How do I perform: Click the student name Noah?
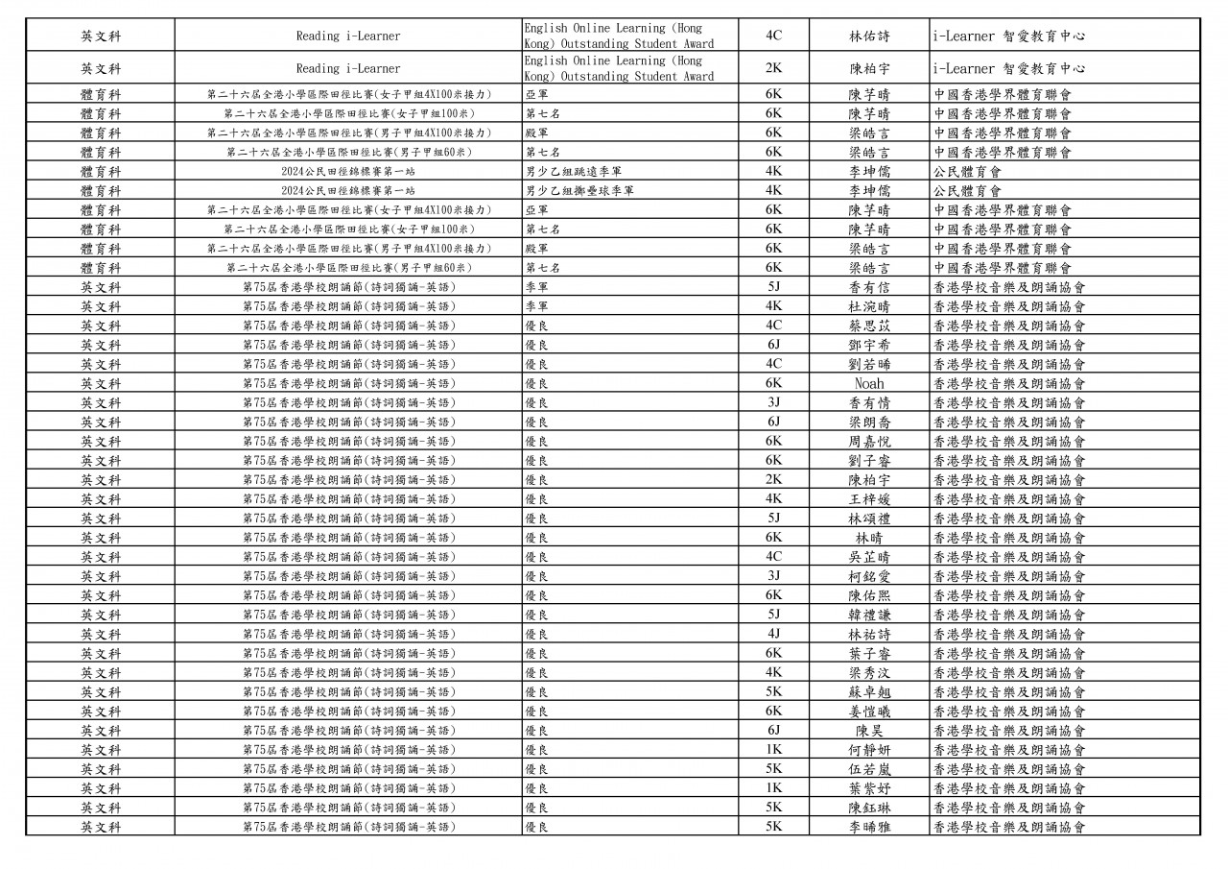pos(868,383)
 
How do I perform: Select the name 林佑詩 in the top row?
pos(869,36)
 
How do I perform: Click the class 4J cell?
pos(773,634)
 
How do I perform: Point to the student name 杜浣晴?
pos(869,306)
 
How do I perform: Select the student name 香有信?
pos(869,287)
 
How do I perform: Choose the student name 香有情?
pos(869,402)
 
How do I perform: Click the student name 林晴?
pos(869,538)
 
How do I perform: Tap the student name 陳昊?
pos(869,730)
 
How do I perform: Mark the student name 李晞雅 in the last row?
pos(869,827)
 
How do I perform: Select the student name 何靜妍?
pos(869,749)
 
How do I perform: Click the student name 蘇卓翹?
pos(869,691)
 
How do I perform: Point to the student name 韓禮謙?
pos(869,615)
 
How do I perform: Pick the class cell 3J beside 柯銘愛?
pos(773,576)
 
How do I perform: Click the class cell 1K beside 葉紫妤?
pos(773,787)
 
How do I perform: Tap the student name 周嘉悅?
pos(869,441)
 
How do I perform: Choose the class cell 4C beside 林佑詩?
pos(773,36)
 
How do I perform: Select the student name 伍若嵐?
pos(869,768)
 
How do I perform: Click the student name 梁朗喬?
pos(869,422)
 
